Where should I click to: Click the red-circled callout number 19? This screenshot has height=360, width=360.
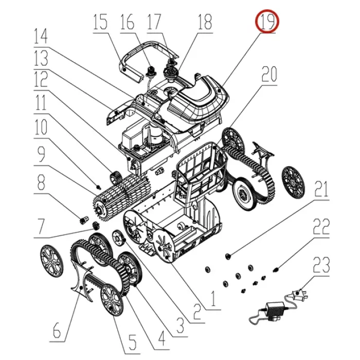click(267, 22)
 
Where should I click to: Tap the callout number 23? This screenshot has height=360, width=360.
click(321, 265)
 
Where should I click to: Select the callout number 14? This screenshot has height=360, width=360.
click(41, 36)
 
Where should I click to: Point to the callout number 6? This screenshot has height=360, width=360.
click(57, 331)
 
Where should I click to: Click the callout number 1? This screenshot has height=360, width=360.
click(213, 299)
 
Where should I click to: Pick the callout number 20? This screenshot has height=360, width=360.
click(269, 74)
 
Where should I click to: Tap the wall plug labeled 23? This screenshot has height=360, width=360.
click(299, 294)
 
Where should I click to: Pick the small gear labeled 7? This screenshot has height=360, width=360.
click(96, 226)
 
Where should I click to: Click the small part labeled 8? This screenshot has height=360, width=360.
click(83, 220)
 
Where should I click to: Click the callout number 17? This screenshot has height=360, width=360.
click(154, 22)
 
